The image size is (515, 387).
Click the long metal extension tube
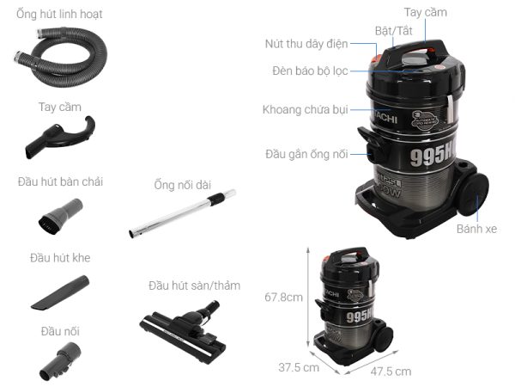[182, 214]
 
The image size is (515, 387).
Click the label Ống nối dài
[180, 183]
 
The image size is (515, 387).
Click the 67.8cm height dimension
[282, 297]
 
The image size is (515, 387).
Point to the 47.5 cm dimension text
[391, 372]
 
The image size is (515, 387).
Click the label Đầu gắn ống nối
[306, 155]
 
